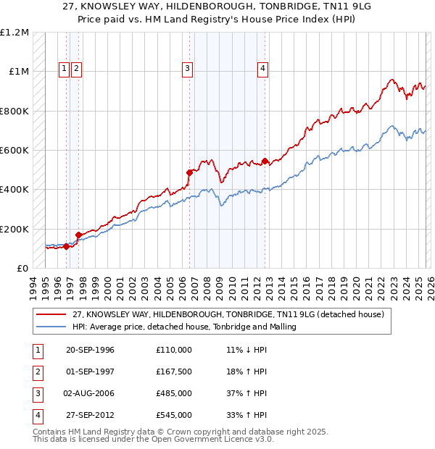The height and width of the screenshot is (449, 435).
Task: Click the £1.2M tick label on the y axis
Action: [x=14, y=33]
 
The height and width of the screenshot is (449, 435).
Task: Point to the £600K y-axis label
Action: [x=14, y=151]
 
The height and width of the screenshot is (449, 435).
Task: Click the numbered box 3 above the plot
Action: [x=187, y=69]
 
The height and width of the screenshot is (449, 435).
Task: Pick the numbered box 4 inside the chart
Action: [x=262, y=69]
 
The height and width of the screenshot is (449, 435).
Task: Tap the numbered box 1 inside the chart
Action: [x=65, y=69]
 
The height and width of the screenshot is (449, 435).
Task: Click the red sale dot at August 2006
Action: [x=190, y=172]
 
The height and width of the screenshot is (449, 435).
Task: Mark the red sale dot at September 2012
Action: [x=265, y=161]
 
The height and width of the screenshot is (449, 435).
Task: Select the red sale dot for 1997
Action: [x=78, y=235]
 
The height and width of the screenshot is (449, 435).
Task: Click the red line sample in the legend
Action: [x=51, y=314]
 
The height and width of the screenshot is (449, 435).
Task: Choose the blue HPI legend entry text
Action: [x=184, y=327]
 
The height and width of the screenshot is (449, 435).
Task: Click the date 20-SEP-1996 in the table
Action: [x=90, y=350]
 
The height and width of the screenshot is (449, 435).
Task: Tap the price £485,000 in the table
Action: [x=174, y=393]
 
